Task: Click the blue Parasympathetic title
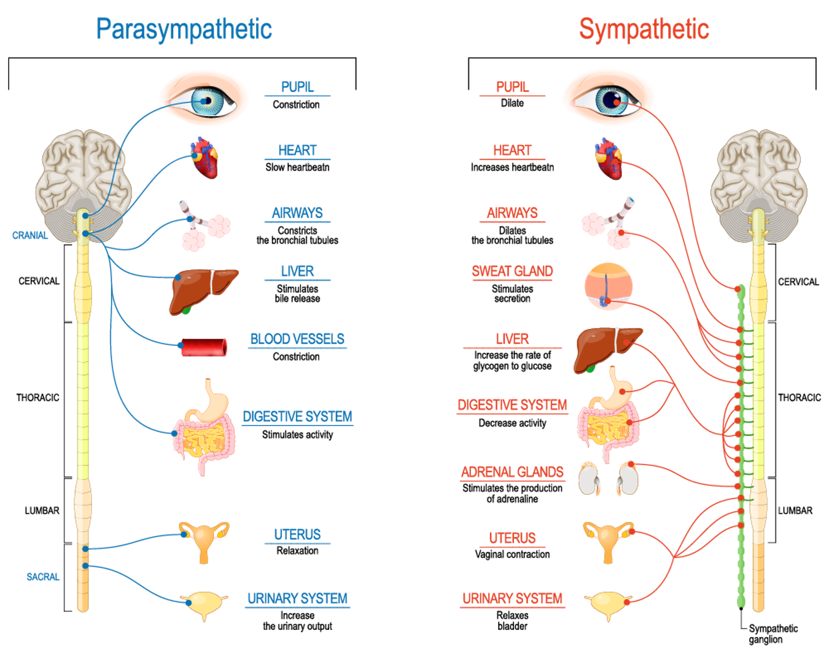(x=184, y=29)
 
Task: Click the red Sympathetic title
(x=644, y=29)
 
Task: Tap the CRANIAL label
(x=30, y=236)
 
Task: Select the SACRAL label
(x=43, y=577)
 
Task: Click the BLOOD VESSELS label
(x=297, y=339)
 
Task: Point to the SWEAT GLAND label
(x=512, y=271)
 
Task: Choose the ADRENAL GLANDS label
(x=512, y=471)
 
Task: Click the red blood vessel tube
(x=204, y=347)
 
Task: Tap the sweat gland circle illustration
(x=608, y=287)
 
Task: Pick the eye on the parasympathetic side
(x=204, y=98)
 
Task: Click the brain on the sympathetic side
(x=759, y=178)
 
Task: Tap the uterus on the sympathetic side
(x=608, y=540)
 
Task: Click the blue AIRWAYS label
(x=297, y=213)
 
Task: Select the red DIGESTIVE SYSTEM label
(x=512, y=405)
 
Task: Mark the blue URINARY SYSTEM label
(x=297, y=599)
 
